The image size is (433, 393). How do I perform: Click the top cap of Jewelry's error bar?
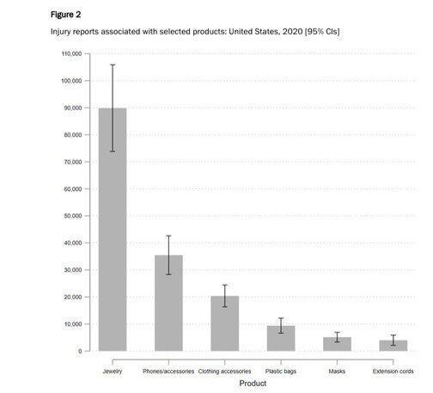coord(113,64)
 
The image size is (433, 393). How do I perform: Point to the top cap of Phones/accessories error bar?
coord(168,236)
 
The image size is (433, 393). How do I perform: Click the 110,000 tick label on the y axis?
coord(71,53)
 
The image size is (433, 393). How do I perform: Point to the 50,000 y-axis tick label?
coord(73,216)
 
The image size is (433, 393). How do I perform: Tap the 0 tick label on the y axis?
coord(80,351)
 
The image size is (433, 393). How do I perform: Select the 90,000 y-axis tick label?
coord(73,107)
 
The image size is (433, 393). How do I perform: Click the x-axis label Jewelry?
coord(113,372)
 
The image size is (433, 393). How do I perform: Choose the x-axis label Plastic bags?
coord(281,372)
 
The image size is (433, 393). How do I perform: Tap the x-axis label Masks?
coord(337,372)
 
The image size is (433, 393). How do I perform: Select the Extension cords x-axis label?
coord(393,372)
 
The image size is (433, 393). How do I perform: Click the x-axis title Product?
coord(253,384)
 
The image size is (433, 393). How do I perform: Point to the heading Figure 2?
coord(65,15)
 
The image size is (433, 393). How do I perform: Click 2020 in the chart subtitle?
coord(293,31)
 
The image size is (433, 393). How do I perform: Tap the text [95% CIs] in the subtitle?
coord(322,31)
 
